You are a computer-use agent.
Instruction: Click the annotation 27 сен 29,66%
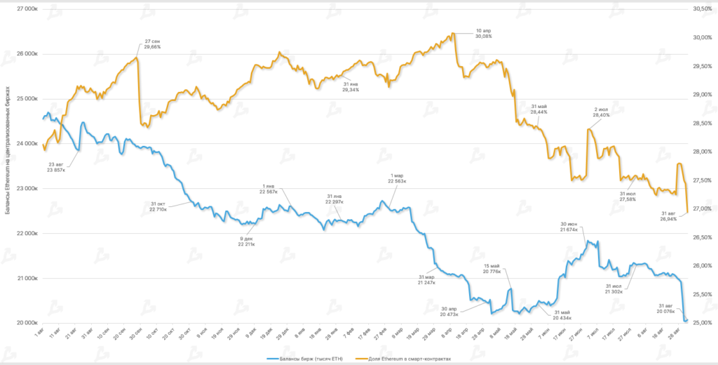tap(152, 44)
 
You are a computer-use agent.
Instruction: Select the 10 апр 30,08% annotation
tap(483, 33)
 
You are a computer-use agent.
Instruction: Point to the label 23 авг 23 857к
tap(56, 167)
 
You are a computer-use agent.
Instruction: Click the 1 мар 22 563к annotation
tap(397, 178)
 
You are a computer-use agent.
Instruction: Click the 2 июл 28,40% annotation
tap(601, 112)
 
